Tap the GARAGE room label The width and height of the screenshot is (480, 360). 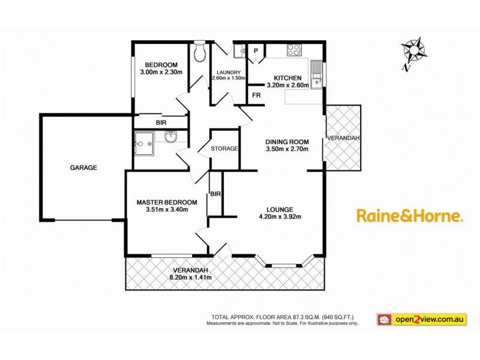pyautogui.click(x=85, y=168)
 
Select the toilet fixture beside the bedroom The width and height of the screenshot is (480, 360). pyautogui.click(x=200, y=54)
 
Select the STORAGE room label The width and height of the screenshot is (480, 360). pyautogui.click(x=225, y=148)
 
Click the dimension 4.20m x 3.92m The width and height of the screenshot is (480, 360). pyautogui.click(x=279, y=217)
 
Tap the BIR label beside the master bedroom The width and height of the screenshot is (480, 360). pyautogui.click(x=215, y=193)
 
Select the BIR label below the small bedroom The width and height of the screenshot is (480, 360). pyautogui.click(x=161, y=122)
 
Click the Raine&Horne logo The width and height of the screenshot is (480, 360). pyautogui.click(x=410, y=216)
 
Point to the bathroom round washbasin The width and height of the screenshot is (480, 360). pyautogui.click(x=170, y=137)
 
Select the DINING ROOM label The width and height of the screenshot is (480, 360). pyautogui.click(x=287, y=142)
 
